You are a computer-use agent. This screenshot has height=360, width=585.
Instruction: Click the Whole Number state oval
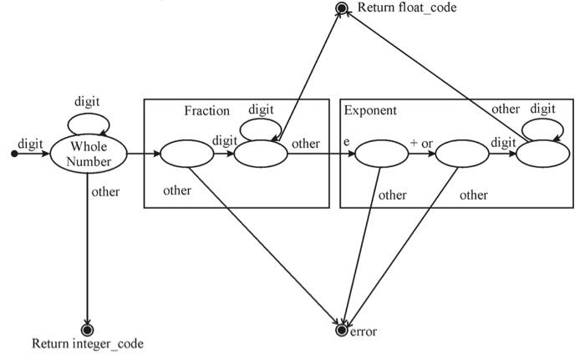point(88,154)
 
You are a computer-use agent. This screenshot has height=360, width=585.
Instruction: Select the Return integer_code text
point(88,343)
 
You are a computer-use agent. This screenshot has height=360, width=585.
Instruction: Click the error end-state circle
point(340,331)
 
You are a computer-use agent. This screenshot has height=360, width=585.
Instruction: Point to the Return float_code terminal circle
point(341,8)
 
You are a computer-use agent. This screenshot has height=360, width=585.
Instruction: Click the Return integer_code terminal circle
point(88,329)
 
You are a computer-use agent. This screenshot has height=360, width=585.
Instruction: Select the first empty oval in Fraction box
point(186,154)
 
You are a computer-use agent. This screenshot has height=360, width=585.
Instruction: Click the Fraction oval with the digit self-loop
point(261,154)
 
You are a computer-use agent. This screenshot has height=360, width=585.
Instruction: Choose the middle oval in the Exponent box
point(461,155)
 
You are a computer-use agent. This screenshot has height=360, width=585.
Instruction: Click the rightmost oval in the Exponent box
point(542,154)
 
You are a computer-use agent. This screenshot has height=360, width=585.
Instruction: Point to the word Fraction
point(206,110)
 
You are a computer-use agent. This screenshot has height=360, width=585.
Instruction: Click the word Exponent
point(370,110)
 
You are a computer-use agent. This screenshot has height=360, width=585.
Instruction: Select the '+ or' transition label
point(420,143)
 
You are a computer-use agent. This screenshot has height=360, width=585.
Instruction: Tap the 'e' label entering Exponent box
point(347,143)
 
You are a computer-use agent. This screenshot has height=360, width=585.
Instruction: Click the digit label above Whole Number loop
point(88,102)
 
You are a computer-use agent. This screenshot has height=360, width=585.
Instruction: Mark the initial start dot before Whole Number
point(13,154)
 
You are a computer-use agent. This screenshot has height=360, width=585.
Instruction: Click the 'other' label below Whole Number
point(105,192)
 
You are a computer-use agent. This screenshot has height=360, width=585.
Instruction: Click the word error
point(363,332)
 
